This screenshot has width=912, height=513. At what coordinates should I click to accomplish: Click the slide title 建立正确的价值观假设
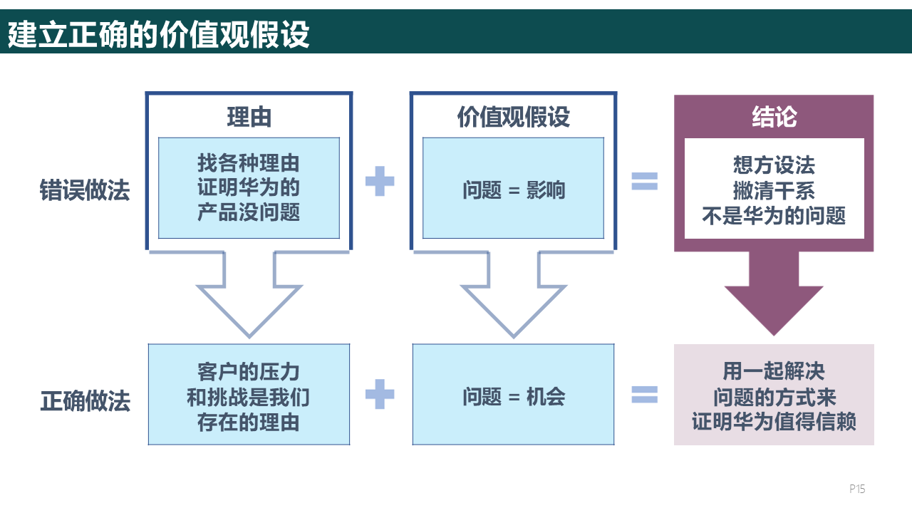(159, 34)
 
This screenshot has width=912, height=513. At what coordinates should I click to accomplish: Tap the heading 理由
(249, 117)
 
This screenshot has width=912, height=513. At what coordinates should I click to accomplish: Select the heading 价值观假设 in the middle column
(513, 117)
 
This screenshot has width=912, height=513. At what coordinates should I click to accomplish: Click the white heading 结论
(774, 117)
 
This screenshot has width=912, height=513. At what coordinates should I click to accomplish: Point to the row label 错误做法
(85, 191)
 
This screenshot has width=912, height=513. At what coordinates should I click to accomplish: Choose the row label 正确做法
(85, 401)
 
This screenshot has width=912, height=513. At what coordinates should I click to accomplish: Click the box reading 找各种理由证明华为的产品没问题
(249, 188)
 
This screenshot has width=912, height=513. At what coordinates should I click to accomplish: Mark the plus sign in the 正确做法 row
(380, 394)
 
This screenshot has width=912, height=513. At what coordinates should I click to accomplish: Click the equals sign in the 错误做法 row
(645, 182)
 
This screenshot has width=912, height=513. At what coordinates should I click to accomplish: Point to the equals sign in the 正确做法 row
(645, 394)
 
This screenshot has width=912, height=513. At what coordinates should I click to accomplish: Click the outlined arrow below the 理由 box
(249, 299)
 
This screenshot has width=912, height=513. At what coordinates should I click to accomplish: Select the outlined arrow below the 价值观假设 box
(513, 299)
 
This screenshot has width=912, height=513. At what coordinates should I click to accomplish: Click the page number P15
(857, 489)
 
